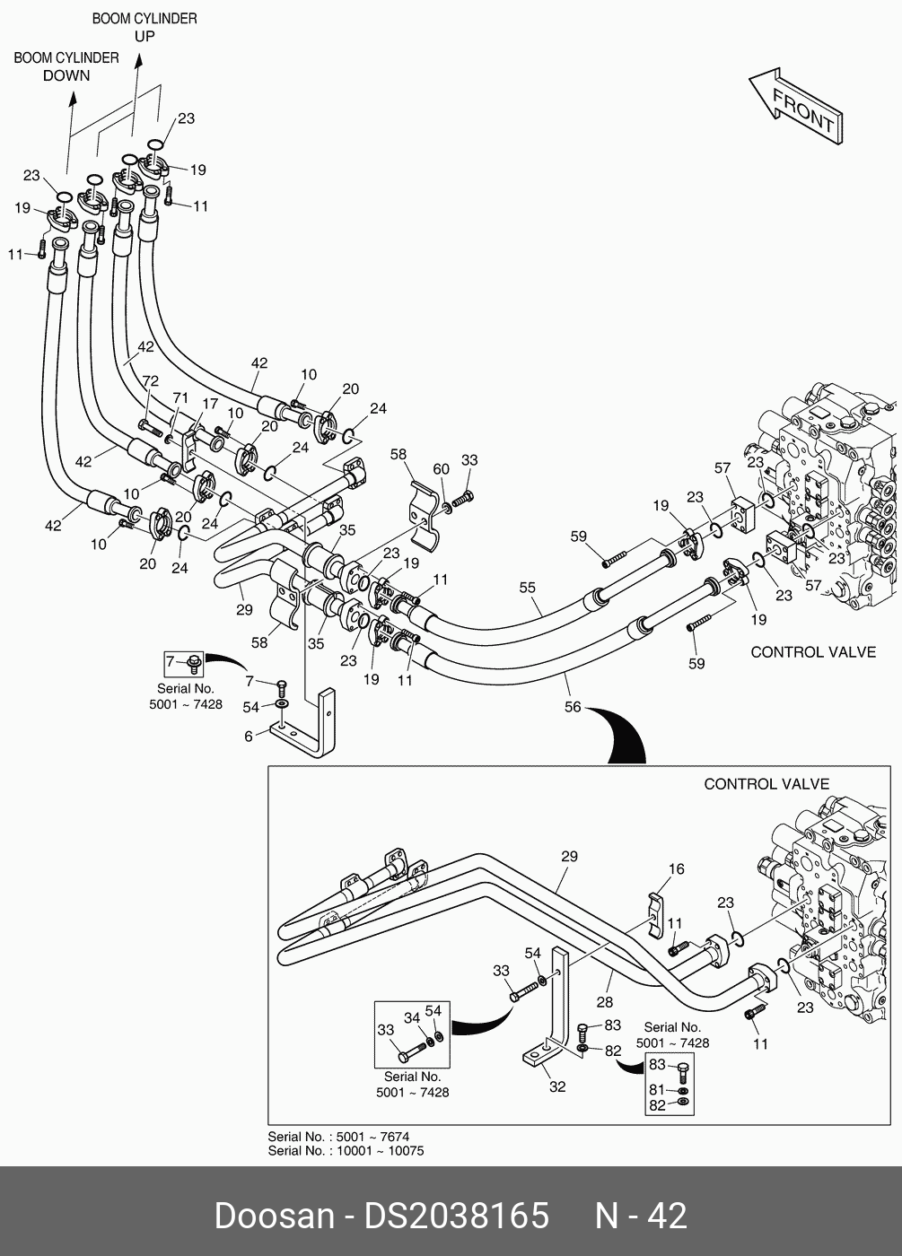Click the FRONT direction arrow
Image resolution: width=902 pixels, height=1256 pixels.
point(795,105)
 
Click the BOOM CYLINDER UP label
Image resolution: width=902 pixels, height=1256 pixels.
point(144,27)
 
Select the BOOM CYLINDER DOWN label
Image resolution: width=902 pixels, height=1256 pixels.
point(66,66)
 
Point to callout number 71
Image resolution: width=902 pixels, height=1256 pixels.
point(180,397)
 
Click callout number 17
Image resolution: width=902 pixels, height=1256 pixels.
point(209,405)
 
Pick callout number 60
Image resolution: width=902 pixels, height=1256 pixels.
point(441,469)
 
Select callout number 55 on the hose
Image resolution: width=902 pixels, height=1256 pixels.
point(527,589)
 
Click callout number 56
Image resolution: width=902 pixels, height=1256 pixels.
point(573,708)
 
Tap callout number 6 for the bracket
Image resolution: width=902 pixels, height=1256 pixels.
point(249,737)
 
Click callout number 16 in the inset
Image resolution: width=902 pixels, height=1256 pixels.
point(676,869)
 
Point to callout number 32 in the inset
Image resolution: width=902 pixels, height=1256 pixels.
point(557,1086)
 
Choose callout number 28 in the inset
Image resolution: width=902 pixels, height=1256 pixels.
point(605,1002)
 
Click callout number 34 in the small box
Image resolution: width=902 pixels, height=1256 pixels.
point(412,1018)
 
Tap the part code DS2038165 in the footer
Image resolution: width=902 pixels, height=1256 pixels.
point(456,1217)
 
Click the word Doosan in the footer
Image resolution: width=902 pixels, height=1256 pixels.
point(274,1217)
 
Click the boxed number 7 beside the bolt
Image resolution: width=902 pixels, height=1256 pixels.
point(171,663)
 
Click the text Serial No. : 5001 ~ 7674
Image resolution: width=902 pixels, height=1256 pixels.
point(338,1137)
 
